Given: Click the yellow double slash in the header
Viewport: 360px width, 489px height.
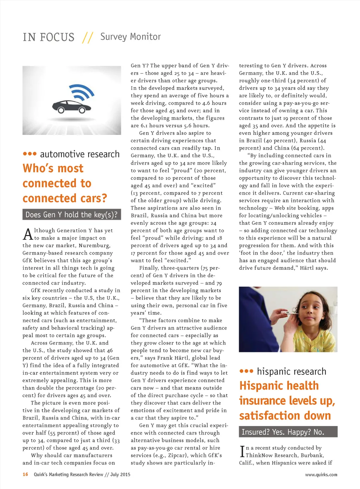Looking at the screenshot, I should pyautogui.click(x=87, y=37).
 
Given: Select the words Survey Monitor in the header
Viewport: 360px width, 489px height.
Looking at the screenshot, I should pyautogui.click(x=130, y=37).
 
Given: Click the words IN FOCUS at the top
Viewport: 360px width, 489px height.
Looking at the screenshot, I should pyautogui.click(x=49, y=37).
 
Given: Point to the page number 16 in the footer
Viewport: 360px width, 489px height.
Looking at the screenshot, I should pyautogui.click(x=25, y=474).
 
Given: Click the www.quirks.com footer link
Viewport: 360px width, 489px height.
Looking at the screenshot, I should pyautogui.click(x=321, y=475).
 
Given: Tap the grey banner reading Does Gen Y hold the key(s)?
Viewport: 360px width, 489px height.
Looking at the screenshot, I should pyautogui.click(x=72, y=215).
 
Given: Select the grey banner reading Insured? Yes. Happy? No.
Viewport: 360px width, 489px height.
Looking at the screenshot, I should pyautogui.click(x=288, y=432).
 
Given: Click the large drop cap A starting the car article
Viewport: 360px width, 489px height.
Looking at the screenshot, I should pyautogui.click(x=28, y=234).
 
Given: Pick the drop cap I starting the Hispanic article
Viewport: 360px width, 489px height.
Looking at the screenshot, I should pyautogui.click(x=242, y=451).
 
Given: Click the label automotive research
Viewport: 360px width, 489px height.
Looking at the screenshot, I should pyautogui.click(x=80, y=154).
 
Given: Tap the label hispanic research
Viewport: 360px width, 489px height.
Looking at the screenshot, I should pyautogui.click(x=291, y=371).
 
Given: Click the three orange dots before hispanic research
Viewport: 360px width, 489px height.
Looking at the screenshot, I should pyautogui.click(x=246, y=371).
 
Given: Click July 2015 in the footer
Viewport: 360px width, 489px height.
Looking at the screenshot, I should pyautogui.click(x=120, y=474).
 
